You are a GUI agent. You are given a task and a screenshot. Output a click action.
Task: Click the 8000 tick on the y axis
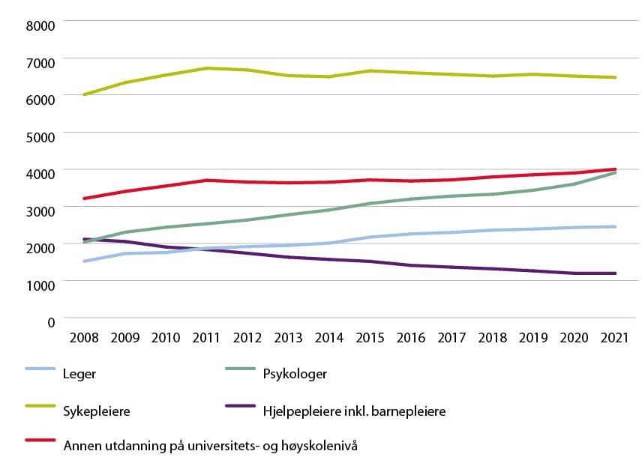click(40, 25)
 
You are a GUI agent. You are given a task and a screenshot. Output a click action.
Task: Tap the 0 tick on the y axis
click(51, 322)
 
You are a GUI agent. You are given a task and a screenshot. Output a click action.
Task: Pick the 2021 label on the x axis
click(615, 338)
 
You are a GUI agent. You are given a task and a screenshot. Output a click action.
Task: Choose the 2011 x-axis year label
click(206, 338)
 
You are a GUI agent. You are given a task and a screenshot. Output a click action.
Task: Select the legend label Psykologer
click(295, 373)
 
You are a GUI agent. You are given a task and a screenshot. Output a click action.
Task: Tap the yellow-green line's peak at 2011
click(206, 68)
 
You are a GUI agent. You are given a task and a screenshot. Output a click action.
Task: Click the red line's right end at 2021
click(615, 169)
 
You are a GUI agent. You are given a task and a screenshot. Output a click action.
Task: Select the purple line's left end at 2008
click(84, 239)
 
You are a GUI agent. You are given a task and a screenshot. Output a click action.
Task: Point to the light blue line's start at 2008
click(84, 261)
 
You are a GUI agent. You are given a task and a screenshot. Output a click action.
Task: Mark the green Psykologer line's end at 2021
click(615, 172)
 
